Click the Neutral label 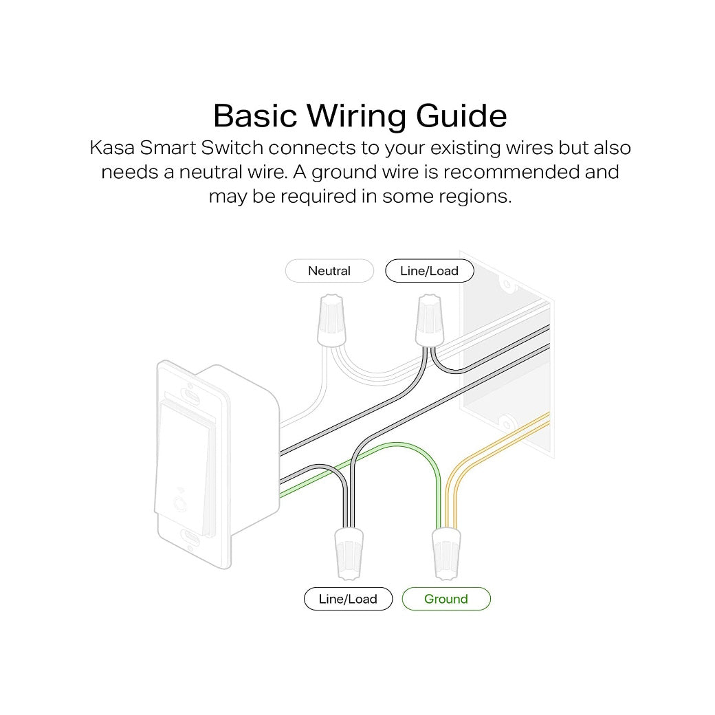point(329,271)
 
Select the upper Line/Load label point(429,271)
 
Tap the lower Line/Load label point(348,599)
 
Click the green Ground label point(445,599)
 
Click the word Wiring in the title point(357,116)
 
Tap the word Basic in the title point(256,115)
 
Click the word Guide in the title point(461,115)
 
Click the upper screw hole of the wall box point(507,283)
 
